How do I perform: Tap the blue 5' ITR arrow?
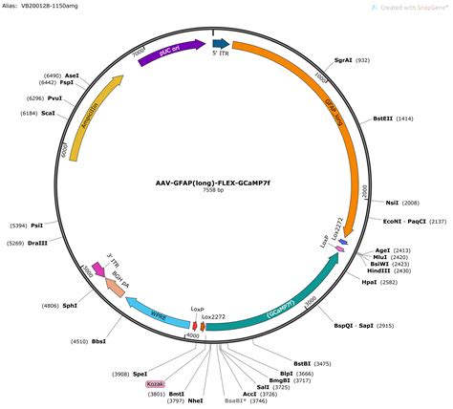click(221, 44)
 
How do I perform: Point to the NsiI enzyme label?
click(392, 203)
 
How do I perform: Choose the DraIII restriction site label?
click(43, 243)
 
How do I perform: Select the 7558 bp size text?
click(214, 191)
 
